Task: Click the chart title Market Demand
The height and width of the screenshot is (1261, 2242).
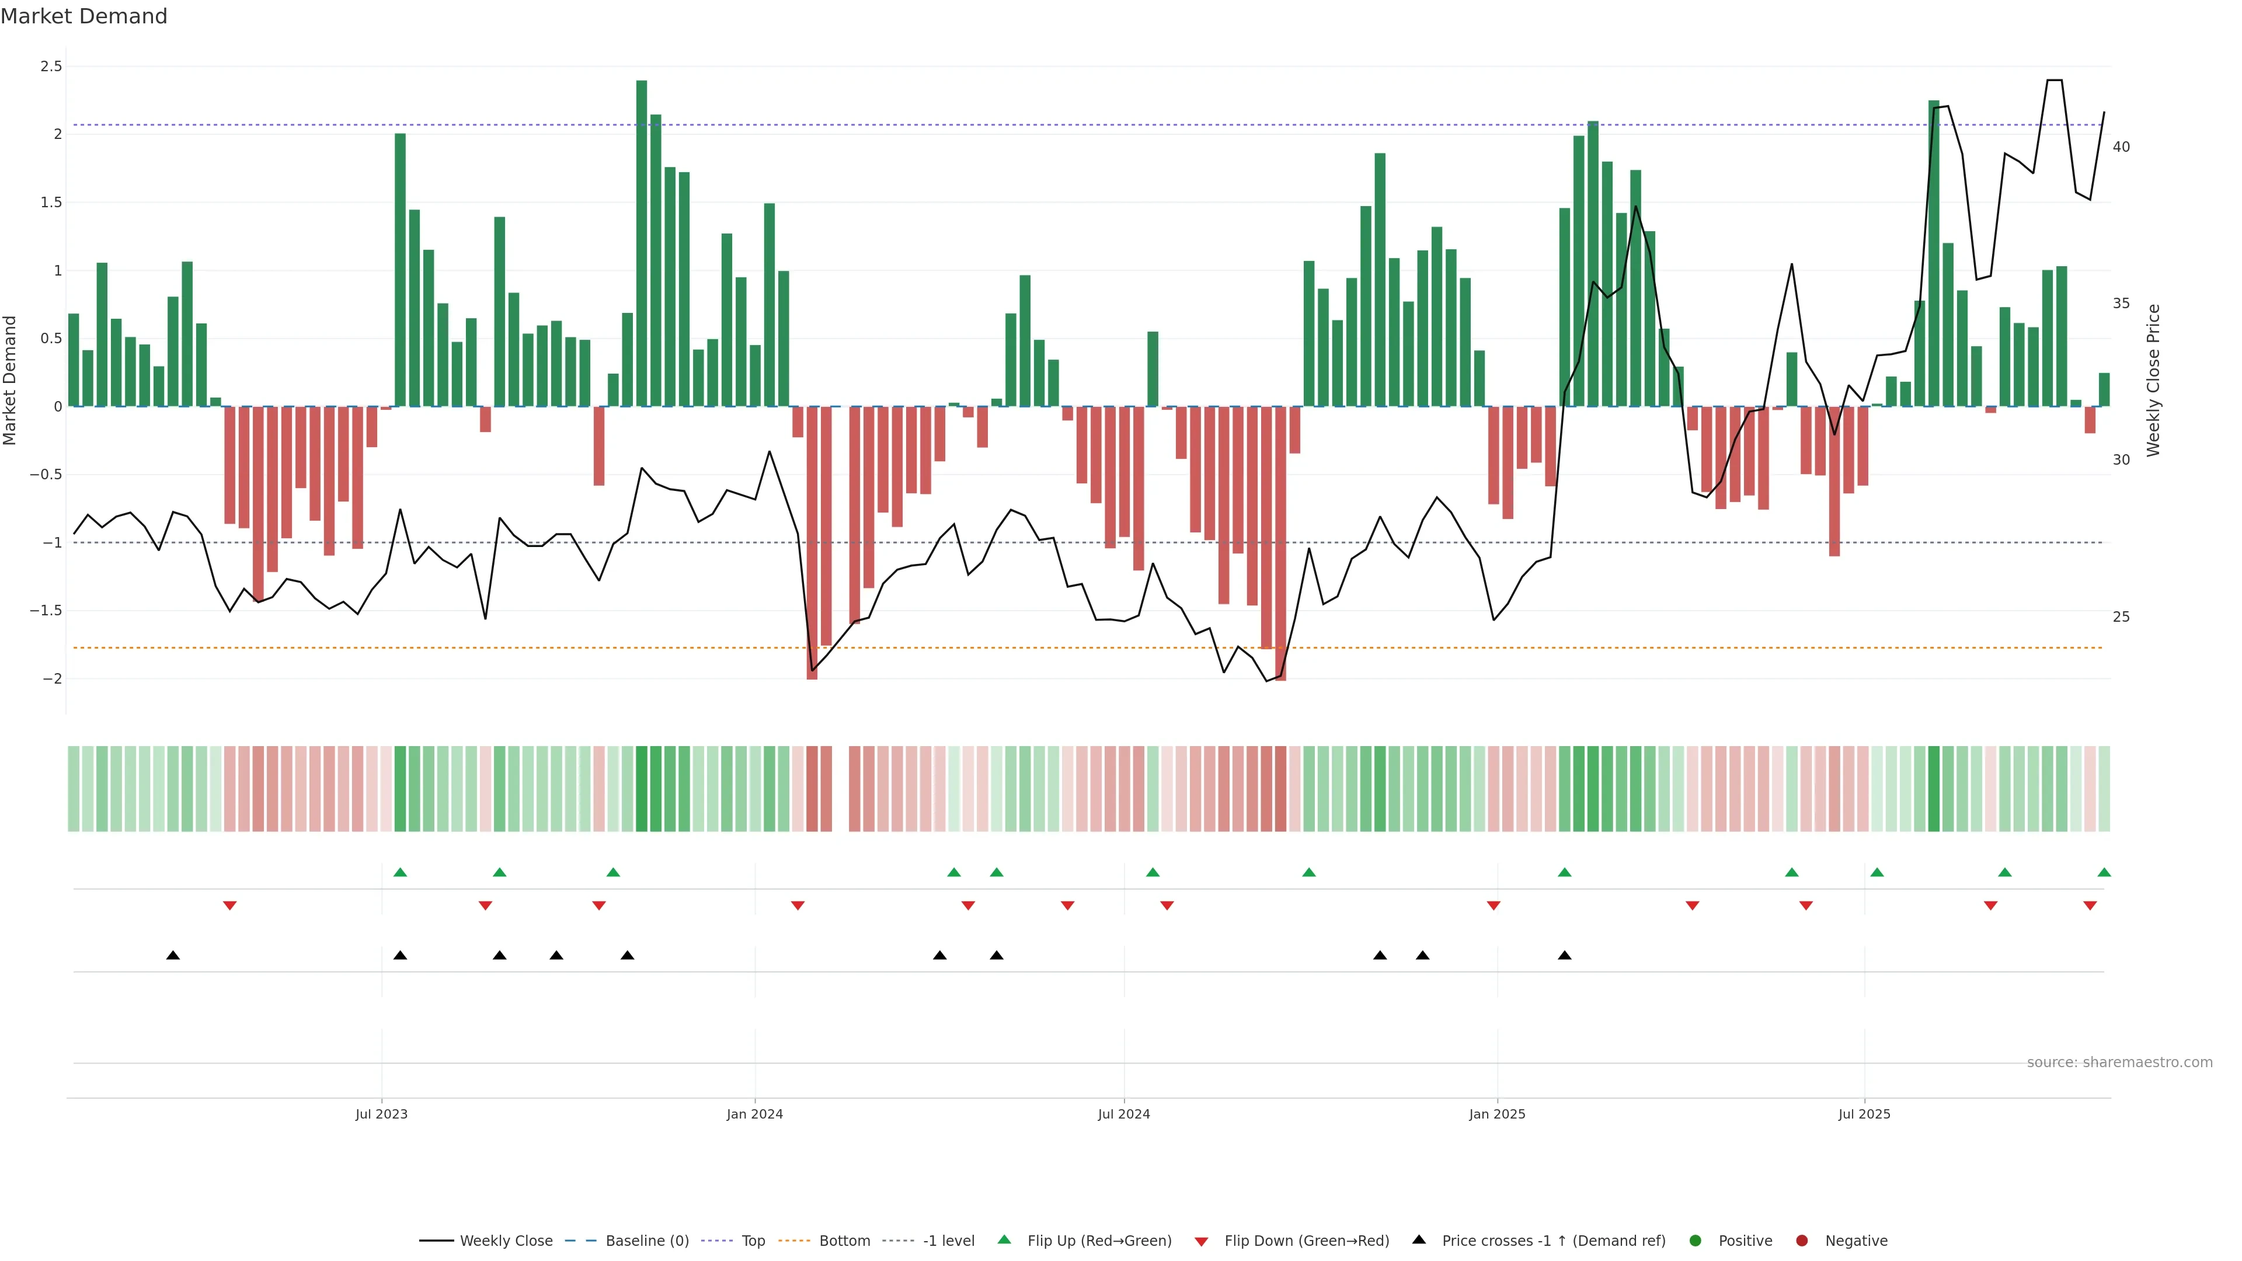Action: [x=83, y=16]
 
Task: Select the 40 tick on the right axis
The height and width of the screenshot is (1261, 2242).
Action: [x=2121, y=147]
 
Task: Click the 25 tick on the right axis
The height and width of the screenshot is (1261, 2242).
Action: [x=2121, y=617]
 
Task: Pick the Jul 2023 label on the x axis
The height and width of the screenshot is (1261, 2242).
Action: [x=381, y=1114]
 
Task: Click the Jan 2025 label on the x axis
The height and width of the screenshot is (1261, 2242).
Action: [x=1497, y=1114]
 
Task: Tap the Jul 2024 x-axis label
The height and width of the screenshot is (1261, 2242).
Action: [x=1123, y=1114]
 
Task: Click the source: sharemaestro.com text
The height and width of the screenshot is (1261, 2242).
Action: [x=2119, y=1063]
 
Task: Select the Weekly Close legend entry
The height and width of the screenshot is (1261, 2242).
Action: [x=506, y=1241]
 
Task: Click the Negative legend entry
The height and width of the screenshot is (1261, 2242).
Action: [x=1855, y=1241]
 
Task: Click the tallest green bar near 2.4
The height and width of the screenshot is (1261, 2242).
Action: [x=642, y=243]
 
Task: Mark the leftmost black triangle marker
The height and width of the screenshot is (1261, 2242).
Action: [x=173, y=956]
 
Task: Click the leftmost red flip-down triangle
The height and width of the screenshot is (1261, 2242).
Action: [x=230, y=906]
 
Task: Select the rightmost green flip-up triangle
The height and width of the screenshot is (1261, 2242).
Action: [x=2104, y=872]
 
